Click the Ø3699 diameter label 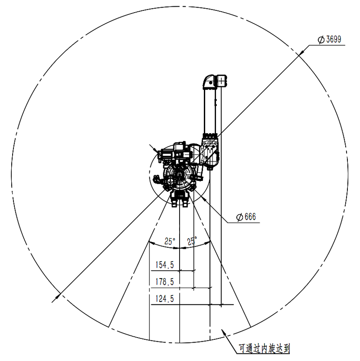(329, 40)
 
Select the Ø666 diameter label (246, 217)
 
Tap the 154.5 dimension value (165, 265)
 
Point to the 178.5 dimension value (165, 282)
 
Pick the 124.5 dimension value (165, 299)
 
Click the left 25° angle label (170, 241)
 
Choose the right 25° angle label (192, 240)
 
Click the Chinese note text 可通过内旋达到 (264, 348)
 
